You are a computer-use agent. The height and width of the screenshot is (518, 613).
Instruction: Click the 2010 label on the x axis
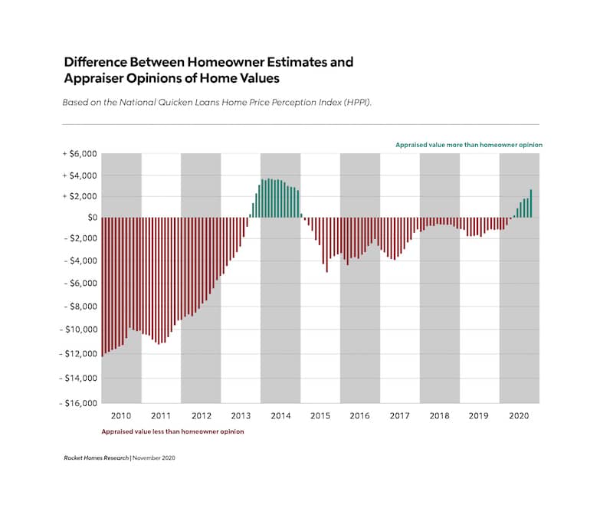coord(121,415)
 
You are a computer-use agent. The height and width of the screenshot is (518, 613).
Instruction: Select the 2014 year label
coord(280,415)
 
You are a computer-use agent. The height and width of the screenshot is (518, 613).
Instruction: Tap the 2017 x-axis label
coord(399,415)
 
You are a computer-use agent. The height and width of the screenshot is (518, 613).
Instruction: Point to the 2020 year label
coord(519,415)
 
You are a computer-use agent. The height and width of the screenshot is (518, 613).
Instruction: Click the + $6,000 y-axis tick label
coord(80,154)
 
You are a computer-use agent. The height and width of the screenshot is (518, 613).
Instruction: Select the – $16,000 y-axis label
coord(78,403)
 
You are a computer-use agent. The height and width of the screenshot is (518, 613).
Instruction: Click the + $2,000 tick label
coord(80,196)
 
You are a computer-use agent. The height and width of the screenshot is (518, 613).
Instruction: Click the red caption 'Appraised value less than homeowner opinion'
coord(173,432)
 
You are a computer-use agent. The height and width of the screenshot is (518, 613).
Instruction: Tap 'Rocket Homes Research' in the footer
coord(96,457)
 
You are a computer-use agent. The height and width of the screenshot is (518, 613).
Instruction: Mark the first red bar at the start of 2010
coord(102,287)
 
